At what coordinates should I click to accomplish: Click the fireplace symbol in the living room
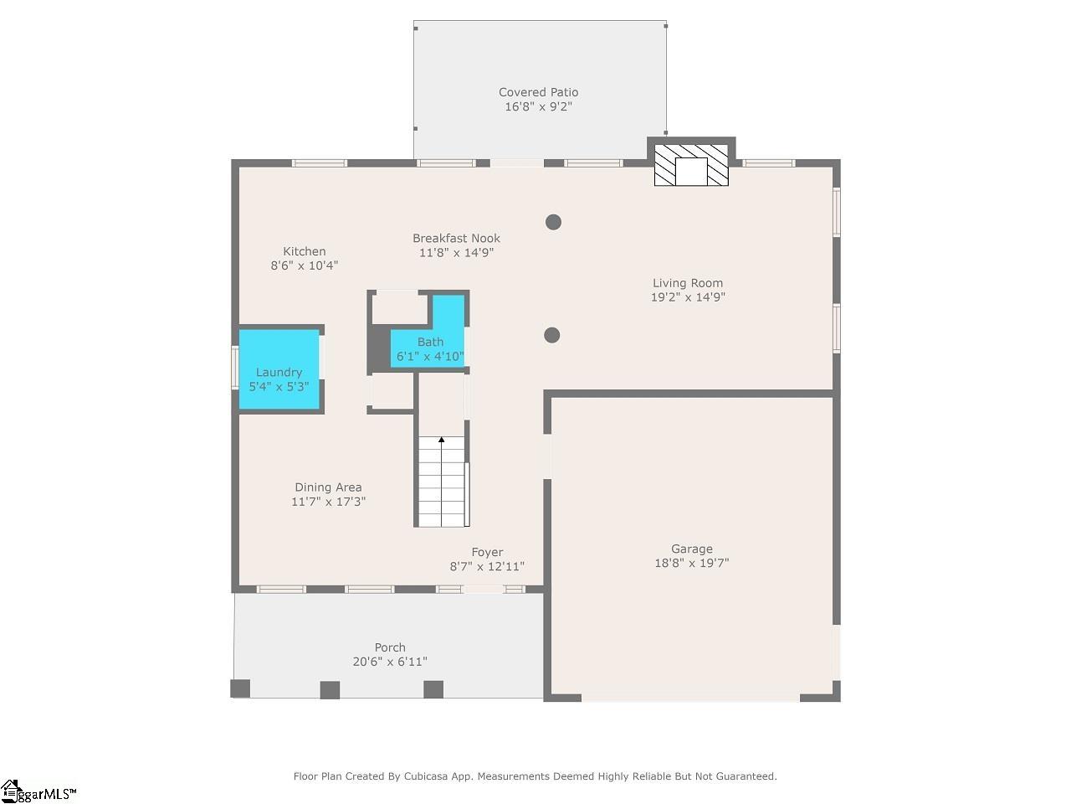[691, 165]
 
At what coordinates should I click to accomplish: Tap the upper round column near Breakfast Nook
[553, 222]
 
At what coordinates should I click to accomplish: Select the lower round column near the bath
[551, 335]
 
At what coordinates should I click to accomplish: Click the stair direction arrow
[442, 441]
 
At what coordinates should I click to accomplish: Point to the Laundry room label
[279, 373]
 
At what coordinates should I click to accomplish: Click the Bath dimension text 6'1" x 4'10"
[430, 356]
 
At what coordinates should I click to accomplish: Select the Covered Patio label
[538, 92]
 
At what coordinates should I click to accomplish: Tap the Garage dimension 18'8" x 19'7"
[691, 564]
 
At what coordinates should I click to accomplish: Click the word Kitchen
[304, 251]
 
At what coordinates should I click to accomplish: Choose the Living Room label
[687, 283]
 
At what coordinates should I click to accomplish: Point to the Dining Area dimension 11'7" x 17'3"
[328, 502]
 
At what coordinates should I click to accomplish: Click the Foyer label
[487, 552]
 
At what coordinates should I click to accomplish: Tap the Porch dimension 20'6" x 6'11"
[390, 662]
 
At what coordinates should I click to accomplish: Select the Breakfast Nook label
[456, 238]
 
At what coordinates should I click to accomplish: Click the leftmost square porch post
[240, 688]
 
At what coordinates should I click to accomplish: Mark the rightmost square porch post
[433, 689]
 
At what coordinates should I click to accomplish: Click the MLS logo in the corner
[38, 791]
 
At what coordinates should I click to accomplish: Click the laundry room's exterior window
[235, 368]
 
